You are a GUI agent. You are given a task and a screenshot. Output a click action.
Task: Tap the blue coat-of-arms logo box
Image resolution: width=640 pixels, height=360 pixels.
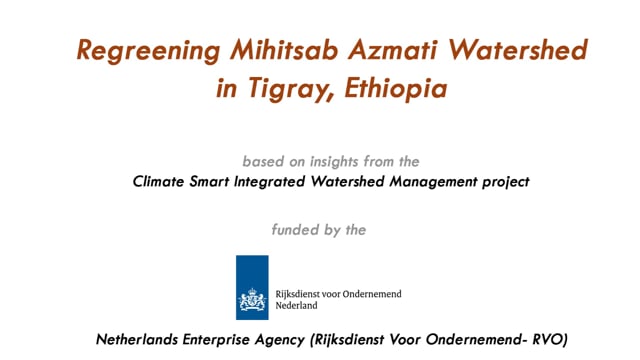[252, 288]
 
